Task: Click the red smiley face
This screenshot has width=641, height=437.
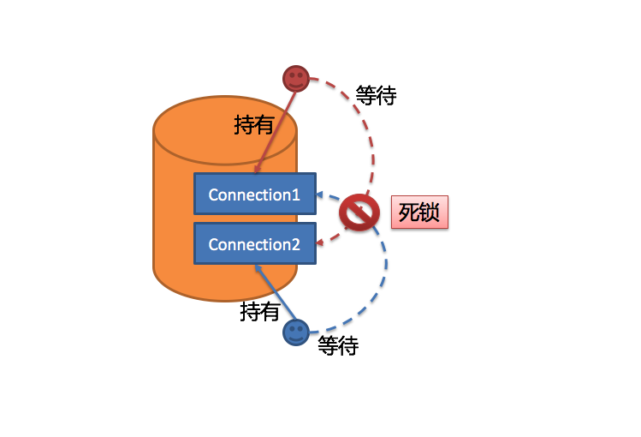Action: pos(295,79)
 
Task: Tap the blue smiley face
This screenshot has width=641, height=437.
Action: pos(296,332)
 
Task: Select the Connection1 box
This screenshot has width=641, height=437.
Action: pos(254,194)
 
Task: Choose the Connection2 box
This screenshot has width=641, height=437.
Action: pos(254,243)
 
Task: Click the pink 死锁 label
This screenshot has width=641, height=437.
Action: pos(419,213)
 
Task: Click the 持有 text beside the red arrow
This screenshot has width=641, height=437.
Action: pos(253,125)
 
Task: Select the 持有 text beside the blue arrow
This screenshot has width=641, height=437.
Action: pos(260,312)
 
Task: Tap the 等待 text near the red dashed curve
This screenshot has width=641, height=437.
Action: pos(376,95)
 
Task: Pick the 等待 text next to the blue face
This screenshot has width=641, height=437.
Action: pos(338,346)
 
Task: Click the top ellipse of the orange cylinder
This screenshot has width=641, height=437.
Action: pos(225,129)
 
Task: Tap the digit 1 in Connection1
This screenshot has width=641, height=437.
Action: pos(296,195)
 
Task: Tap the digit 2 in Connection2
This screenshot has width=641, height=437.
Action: pos(296,244)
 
